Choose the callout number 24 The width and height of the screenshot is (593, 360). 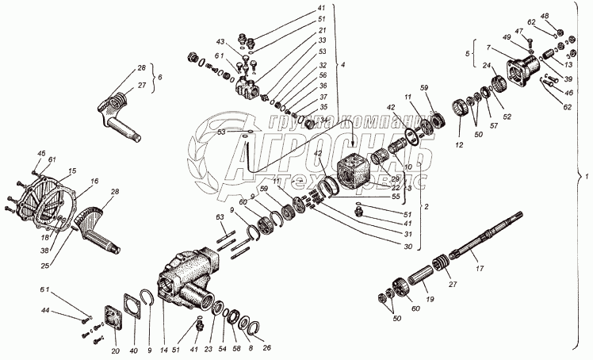(x=486, y=67)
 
